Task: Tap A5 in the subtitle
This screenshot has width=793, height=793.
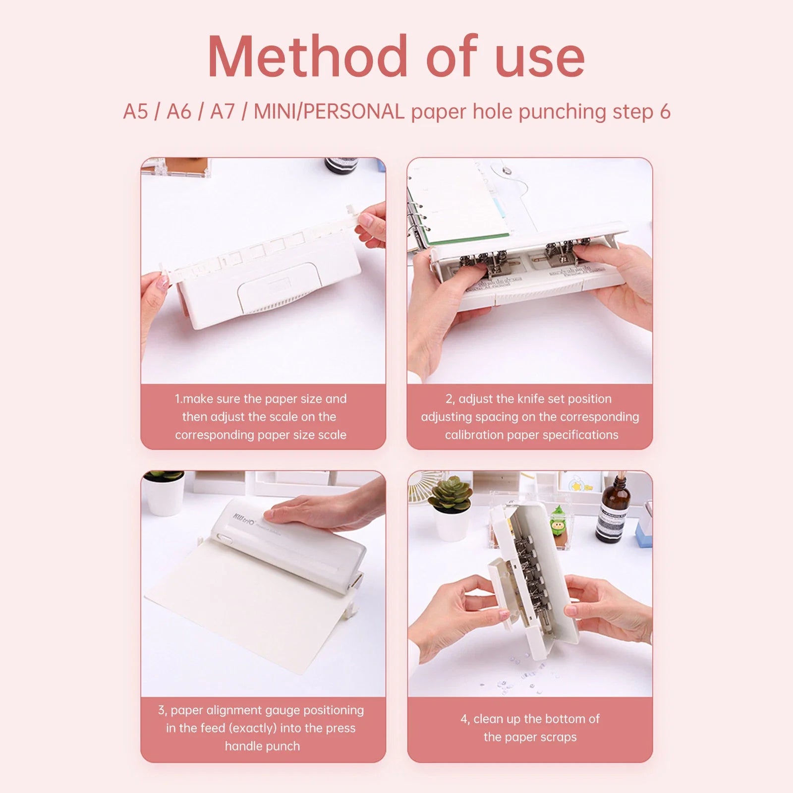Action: pyautogui.click(x=135, y=112)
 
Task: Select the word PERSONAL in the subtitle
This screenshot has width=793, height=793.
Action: pyautogui.click(x=354, y=112)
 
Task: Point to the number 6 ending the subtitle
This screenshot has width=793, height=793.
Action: pyautogui.click(x=665, y=112)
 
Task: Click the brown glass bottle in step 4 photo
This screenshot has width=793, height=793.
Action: pyautogui.click(x=613, y=510)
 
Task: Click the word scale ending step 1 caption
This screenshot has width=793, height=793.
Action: pyautogui.click(x=332, y=435)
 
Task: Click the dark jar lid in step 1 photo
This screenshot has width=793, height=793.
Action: pyautogui.click(x=341, y=165)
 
